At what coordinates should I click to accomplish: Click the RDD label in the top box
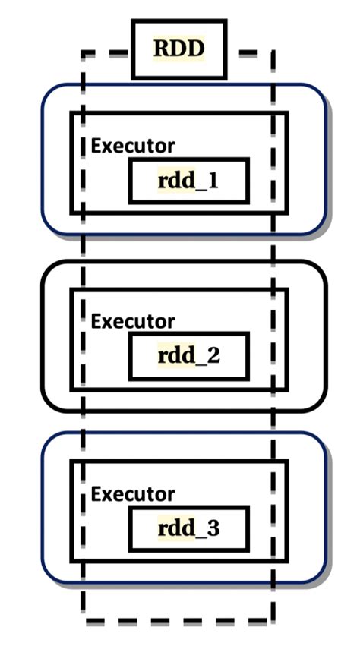[179, 49]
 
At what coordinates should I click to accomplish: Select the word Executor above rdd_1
[133, 146]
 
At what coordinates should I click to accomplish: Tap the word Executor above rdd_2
[133, 321]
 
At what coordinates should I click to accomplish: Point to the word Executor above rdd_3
[133, 494]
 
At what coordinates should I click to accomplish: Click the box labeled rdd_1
[188, 181]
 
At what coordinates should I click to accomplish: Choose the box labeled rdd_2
[188, 355]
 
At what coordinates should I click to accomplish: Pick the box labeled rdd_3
[188, 528]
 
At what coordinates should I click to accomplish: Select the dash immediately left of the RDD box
[115, 53]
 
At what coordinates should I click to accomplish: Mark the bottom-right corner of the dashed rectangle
[272, 621]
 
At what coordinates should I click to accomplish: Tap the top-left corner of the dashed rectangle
[84, 54]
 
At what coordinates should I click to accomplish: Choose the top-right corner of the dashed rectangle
[272, 54]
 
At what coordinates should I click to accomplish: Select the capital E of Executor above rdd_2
[96, 321]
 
